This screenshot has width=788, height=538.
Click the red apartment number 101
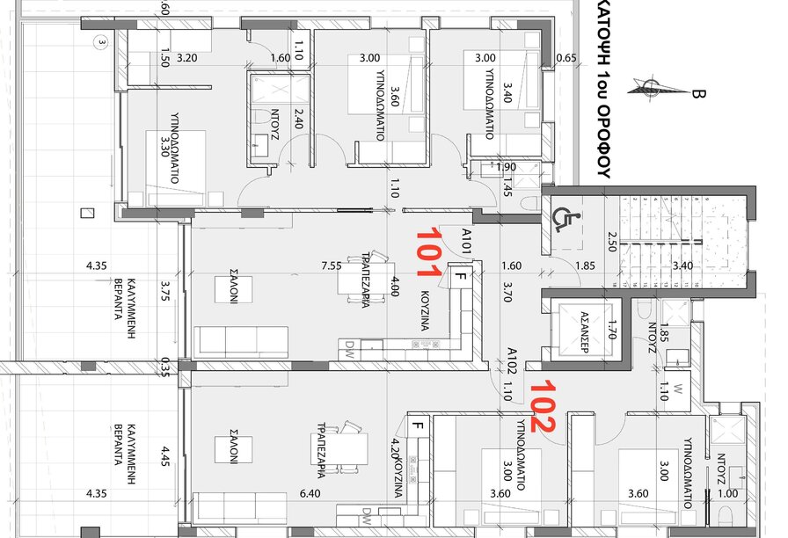[428, 251]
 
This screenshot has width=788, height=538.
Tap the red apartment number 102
[543, 406]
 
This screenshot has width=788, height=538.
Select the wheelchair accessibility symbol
[565, 220]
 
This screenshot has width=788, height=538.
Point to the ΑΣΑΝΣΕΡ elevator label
[585, 332]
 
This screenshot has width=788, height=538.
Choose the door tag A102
[512, 360]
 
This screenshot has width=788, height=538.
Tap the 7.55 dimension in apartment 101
[332, 265]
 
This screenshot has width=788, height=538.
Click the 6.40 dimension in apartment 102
[310, 493]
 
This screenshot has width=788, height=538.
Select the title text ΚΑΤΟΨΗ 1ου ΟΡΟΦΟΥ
[604, 89]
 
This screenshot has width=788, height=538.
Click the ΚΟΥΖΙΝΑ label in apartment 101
[425, 310]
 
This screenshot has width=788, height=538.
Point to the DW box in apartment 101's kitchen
[347, 354]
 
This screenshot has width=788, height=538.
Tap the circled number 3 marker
[102, 42]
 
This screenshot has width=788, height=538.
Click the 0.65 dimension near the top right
[566, 58]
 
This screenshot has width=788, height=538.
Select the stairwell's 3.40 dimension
[682, 265]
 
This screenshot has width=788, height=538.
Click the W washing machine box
[677, 389]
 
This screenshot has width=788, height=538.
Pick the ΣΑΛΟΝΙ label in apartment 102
[234, 446]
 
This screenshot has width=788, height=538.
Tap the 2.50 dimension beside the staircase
[611, 242]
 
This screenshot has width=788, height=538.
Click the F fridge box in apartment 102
[418, 426]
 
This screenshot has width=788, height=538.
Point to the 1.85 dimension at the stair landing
[585, 265]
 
